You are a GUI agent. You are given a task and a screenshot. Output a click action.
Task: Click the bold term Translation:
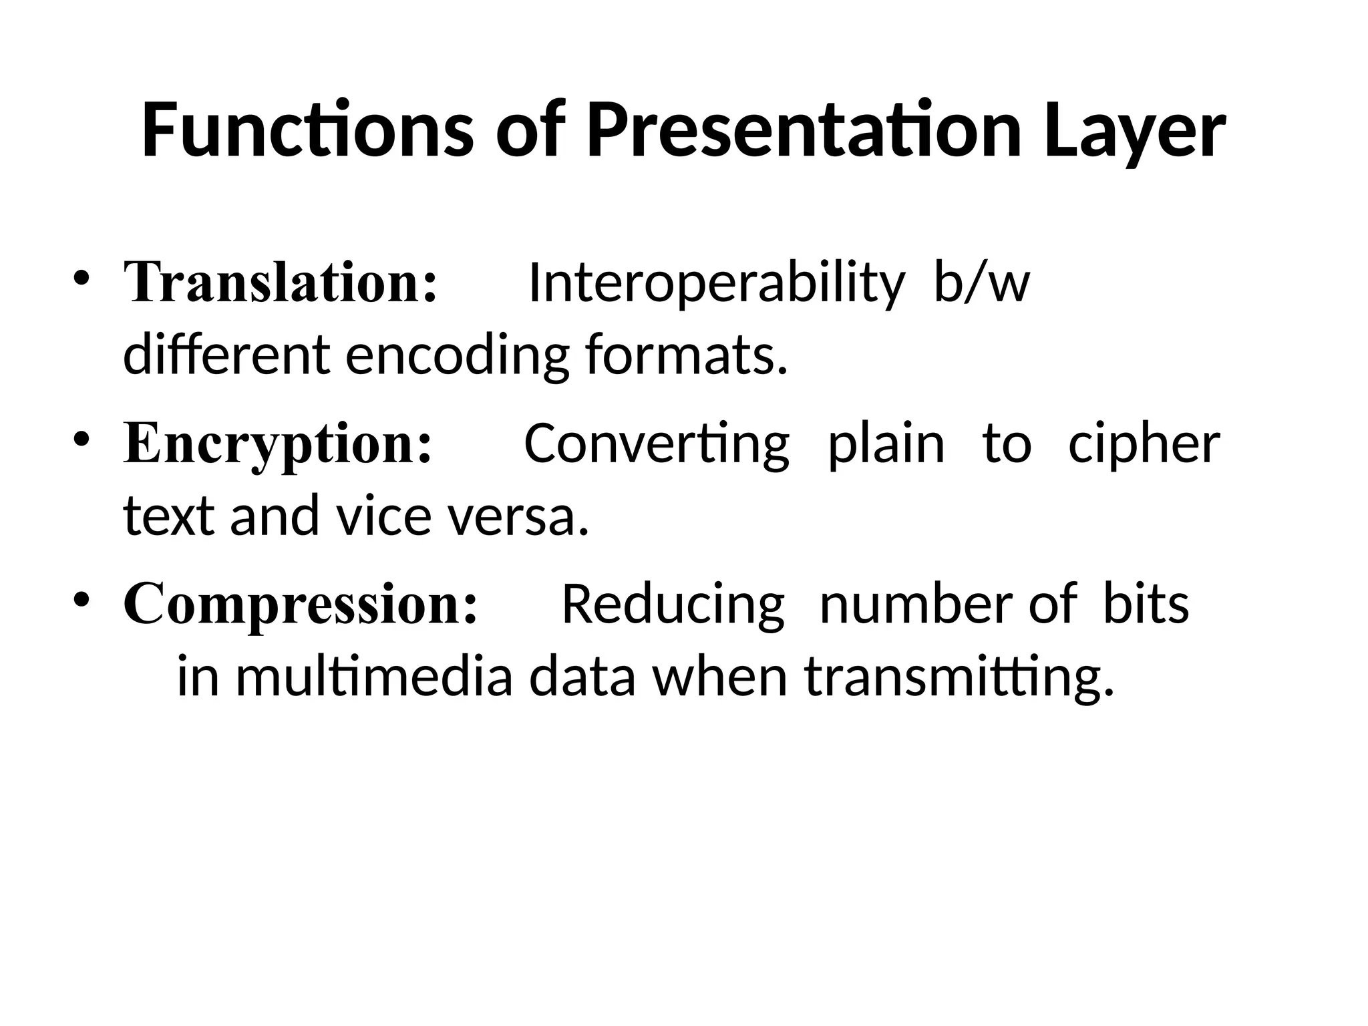click(x=281, y=283)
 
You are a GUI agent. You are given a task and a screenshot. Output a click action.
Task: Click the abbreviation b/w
click(x=981, y=283)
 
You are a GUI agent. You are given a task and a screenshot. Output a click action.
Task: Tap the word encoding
click(x=457, y=355)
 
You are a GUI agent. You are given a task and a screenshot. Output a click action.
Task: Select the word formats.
click(x=687, y=354)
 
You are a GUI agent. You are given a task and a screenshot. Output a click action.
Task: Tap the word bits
click(x=1146, y=604)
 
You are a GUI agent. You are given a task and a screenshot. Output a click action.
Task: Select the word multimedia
click(x=374, y=677)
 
